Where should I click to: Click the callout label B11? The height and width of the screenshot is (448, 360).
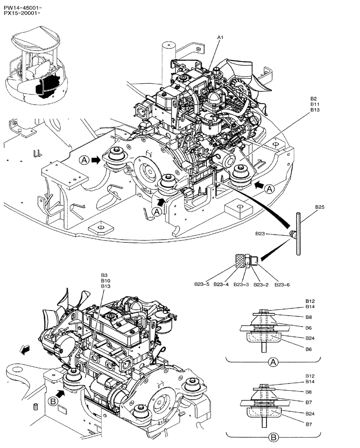[314, 104]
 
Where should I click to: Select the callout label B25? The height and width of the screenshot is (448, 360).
[320, 207]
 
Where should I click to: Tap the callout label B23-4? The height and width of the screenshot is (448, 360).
[221, 284]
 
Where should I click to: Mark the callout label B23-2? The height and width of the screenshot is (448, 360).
[260, 284]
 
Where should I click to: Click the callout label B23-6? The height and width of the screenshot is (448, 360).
[280, 284]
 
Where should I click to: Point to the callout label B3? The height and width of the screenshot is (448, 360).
[103, 275]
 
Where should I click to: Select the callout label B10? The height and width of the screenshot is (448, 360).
[105, 280]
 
